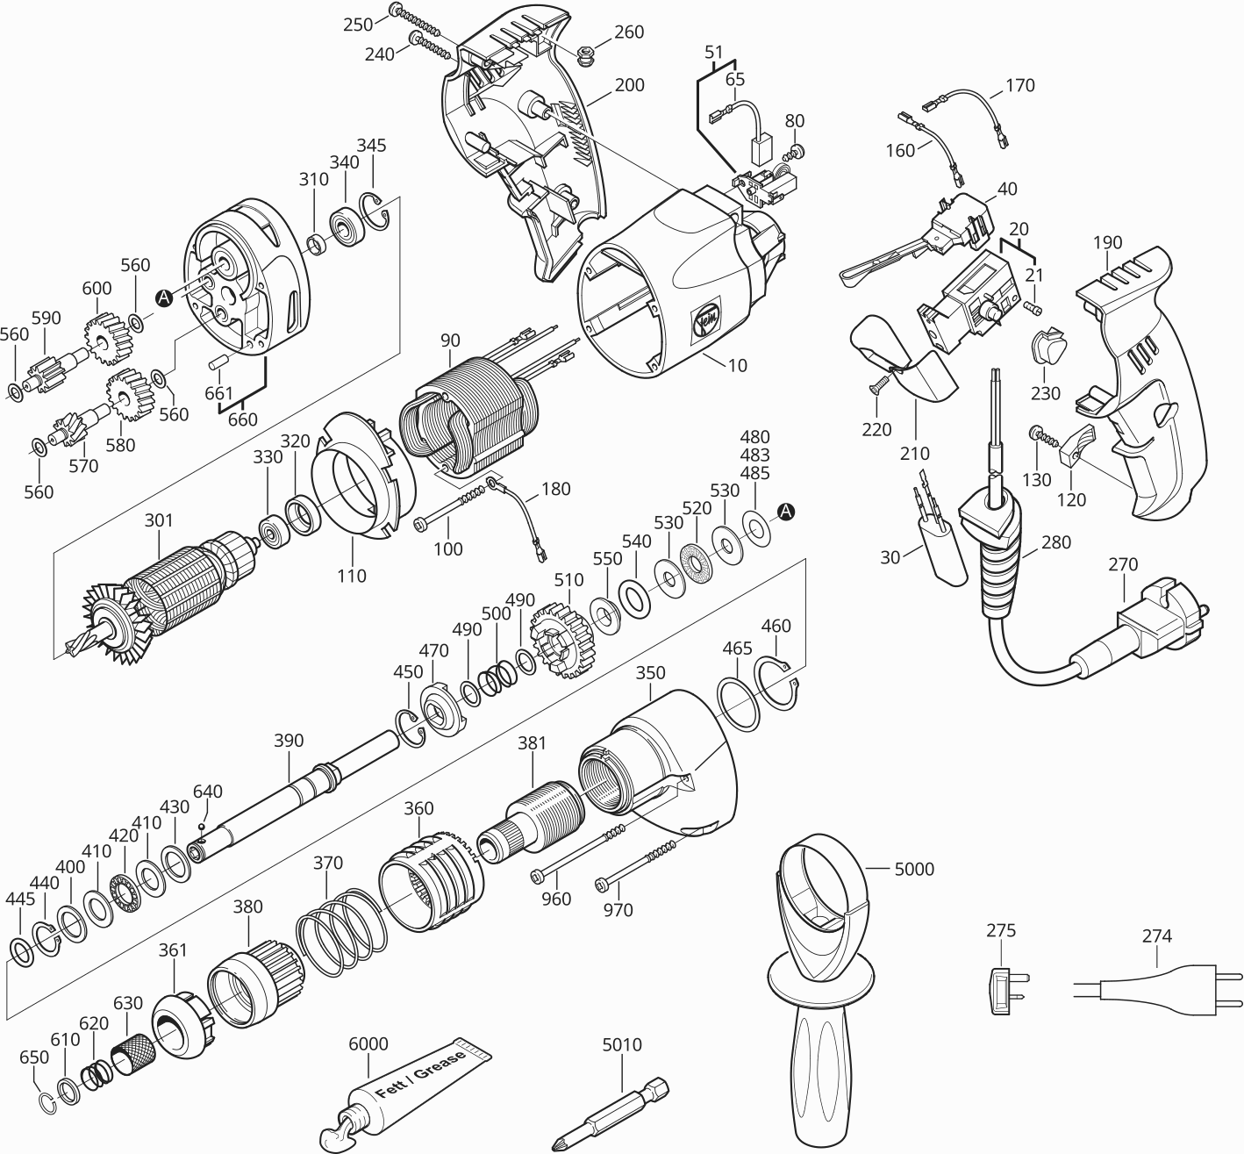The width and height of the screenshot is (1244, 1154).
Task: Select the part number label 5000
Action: pyautogui.click(x=914, y=870)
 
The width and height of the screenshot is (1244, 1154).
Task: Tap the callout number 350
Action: pyautogui.click(x=650, y=673)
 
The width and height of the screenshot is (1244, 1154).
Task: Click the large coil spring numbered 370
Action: pyautogui.click(x=333, y=930)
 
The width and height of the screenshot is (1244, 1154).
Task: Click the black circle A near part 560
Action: pyautogui.click(x=163, y=298)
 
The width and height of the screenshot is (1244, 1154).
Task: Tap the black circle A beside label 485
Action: pyautogui.click(x=787, y=511)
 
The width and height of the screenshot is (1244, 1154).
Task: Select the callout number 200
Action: pyautogui.click(x=629, y=85)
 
